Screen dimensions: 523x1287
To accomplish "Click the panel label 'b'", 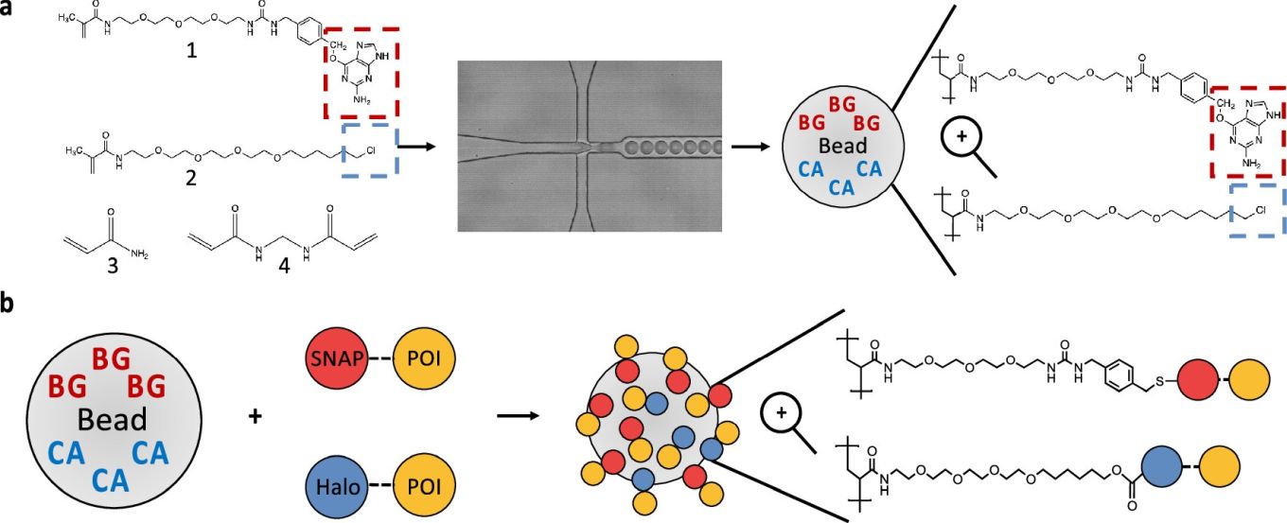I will point(9,305).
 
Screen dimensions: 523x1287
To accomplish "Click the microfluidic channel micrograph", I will point(590,146).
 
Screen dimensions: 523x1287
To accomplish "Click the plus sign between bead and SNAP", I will point(254,416).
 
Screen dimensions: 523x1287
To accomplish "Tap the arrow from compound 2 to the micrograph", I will point(416,147).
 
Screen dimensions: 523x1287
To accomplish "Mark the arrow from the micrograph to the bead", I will point(753,147).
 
